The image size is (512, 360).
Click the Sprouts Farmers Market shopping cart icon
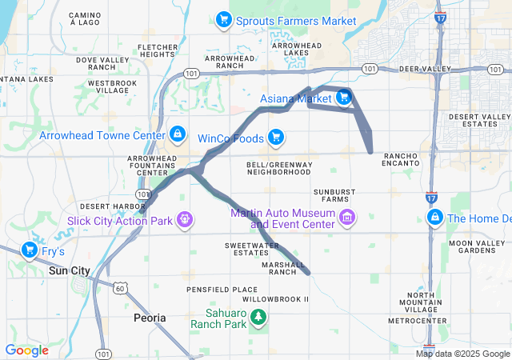point(225,19)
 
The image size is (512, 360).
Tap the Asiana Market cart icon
point(342,98)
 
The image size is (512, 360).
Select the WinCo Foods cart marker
point(276,137)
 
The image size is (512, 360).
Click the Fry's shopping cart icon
point(30,251)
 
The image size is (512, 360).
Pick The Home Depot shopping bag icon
point(435,218)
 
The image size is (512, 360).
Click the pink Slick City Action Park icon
point(185,218)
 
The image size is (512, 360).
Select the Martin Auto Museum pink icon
point(346,218)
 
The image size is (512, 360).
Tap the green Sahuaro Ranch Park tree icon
point(258,318)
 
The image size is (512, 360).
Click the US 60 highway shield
point(118,287)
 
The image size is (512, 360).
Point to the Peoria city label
point(150,318)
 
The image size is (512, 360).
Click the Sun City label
point(70,270)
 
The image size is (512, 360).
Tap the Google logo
point(26,350)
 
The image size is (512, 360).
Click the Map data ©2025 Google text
point(462,354)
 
